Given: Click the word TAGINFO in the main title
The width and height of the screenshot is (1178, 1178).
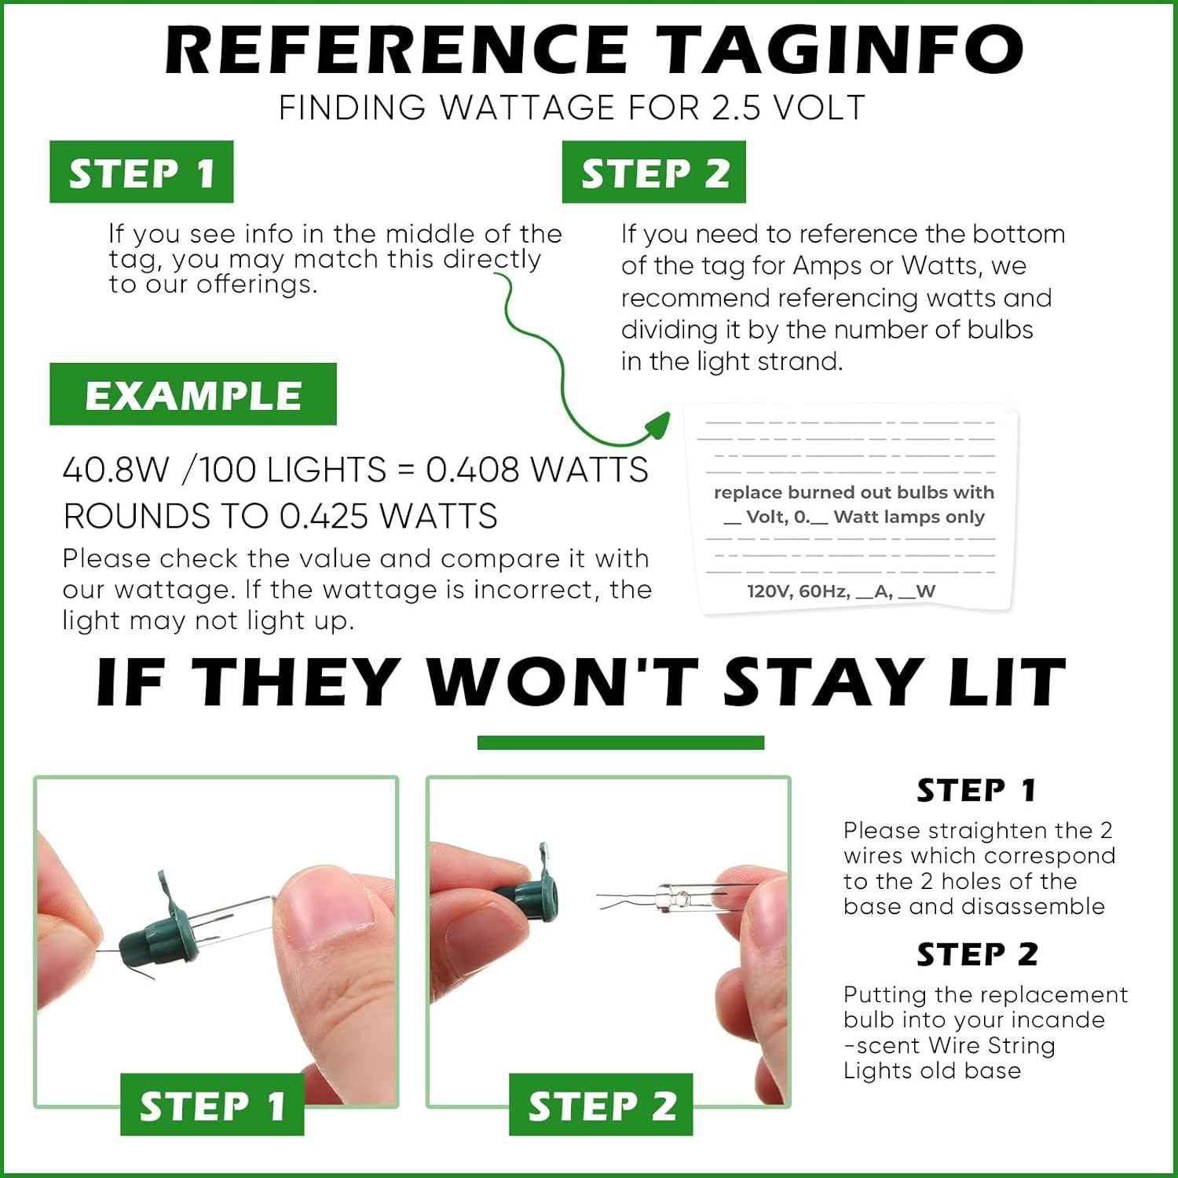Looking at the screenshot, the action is click(x=839, y=49).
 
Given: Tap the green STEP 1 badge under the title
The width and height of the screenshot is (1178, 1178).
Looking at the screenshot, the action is click(x=141, y=172).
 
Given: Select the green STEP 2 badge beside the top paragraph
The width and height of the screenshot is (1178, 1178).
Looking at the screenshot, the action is click(x=654, y=172).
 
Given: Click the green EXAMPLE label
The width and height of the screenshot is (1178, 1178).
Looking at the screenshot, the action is click(x=193, y=394).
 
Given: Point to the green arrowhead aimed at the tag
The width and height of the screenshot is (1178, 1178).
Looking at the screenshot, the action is click(x=656, y=426).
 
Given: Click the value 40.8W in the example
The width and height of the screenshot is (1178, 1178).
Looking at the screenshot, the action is click(x=116, y=470).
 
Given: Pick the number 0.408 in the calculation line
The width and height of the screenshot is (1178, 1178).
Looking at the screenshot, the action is click(x=473, y=470).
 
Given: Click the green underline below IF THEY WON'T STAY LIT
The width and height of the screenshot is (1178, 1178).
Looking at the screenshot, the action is click(x=620, y=742).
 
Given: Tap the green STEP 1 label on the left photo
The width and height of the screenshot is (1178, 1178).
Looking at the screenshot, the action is click(x=212, y=1104).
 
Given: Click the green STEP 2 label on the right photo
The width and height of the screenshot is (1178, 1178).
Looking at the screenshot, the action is click(x=601, y=1104).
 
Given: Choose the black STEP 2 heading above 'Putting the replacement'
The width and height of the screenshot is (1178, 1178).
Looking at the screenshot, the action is click(x=977, y=954).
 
